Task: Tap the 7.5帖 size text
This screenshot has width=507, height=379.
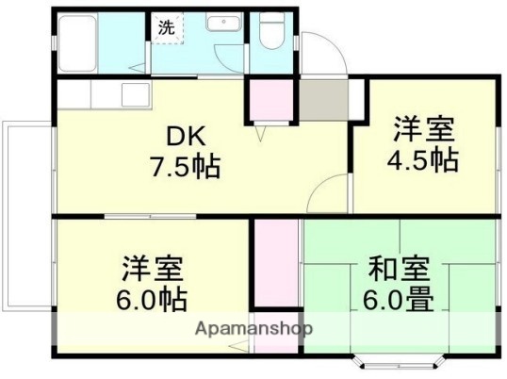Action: (x=186, y=168)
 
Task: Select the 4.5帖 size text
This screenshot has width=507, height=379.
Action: (x=423, y=159)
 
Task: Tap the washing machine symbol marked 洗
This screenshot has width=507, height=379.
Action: (x=166, y=27)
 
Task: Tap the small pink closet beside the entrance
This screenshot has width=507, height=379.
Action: (x=271, y=101)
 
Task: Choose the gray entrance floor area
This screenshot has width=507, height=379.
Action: (x=321, y=98)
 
